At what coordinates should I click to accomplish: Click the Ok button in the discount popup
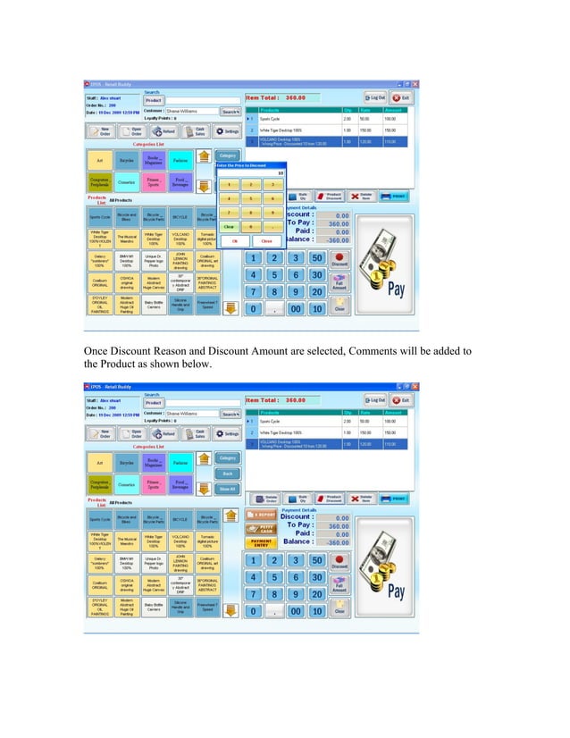(x=235, y=240)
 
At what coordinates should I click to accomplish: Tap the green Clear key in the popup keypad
(x=228, y=226)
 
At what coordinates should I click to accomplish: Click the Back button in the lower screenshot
(x=227, y=473)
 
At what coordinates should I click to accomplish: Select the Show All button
(x=227, y=488)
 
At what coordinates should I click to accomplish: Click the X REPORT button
(x=261, y=516)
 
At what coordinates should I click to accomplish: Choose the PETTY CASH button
(x=261, y=529)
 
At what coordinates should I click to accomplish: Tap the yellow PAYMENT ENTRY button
(x=261, y=543)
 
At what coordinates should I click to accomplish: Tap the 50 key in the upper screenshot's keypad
(x=316, y=258)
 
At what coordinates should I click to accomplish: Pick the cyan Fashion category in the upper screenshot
(x=180, y=161)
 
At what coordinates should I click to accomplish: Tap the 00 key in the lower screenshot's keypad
(x=295, y=611)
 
